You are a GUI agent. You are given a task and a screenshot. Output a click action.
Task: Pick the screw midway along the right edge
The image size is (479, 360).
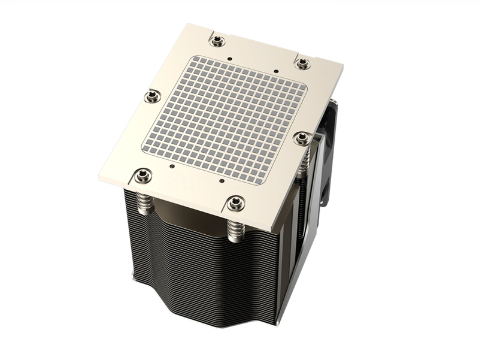(302, 139)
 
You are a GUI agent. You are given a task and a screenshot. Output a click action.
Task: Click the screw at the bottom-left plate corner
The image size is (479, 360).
(141, 175)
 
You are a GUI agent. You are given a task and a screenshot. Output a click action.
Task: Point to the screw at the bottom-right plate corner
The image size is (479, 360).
(235, 203)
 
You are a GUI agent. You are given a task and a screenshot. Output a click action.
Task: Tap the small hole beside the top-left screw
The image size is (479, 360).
(231, 60)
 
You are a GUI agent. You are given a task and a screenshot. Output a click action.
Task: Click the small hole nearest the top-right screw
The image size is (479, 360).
(276, 71)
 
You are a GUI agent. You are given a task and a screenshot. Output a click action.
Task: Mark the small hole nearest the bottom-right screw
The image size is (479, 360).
(222, 180)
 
